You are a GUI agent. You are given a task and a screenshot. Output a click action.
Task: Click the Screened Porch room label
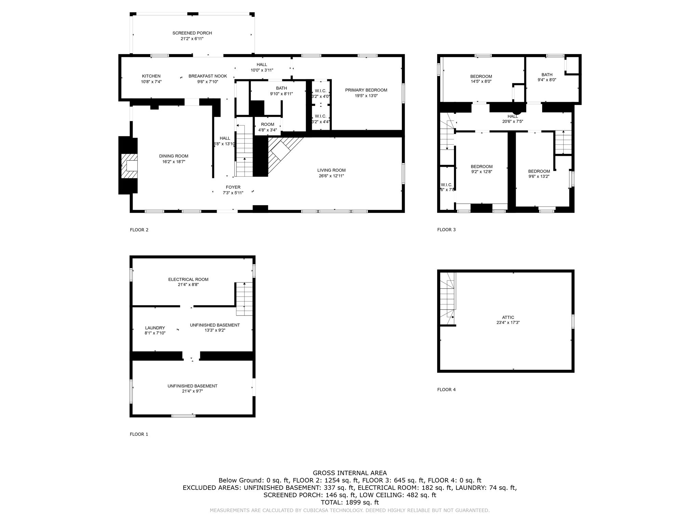[192, 33]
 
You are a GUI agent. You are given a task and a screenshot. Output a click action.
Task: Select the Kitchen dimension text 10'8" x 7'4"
[151, 82]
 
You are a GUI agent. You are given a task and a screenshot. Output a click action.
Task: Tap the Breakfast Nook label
[207, 76]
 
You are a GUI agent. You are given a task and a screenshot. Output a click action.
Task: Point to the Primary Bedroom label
[366, 90]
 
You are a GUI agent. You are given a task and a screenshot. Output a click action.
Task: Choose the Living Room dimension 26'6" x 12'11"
[331, 176]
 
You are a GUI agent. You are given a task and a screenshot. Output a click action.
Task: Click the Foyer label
[233, 187]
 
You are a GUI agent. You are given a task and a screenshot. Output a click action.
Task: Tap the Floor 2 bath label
[281, 89]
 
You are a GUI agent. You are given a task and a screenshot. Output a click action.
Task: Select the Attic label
[508, 318]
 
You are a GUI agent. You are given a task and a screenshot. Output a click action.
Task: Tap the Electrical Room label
[188, 280]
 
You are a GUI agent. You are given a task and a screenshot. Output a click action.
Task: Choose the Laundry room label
[155, 328]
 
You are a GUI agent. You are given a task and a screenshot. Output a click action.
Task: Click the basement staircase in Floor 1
[244, 299]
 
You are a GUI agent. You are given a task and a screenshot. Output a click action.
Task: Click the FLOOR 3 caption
[446, 230]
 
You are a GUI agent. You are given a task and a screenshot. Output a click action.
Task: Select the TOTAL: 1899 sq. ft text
[349, 502]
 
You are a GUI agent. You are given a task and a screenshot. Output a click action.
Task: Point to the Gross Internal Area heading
[349, 473]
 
